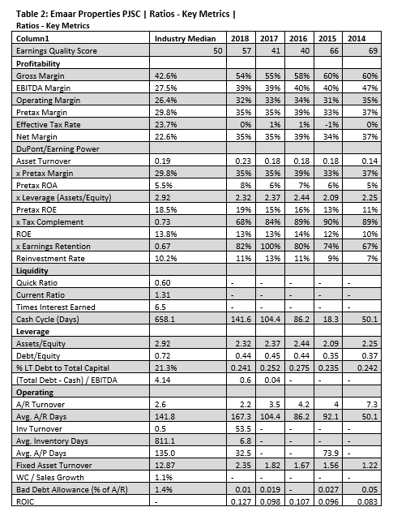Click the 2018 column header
(x=239, y=38)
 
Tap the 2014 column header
(x=356, y=38)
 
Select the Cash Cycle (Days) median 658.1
(x=165, y=319)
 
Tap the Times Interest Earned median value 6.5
(x=160, y=307)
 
